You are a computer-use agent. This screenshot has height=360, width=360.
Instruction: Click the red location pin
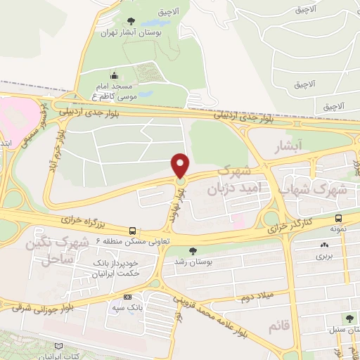pos(181,165)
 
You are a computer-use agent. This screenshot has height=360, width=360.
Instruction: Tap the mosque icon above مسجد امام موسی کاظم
pos(114,76)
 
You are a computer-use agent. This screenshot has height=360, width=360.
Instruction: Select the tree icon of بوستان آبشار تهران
pos(130,22)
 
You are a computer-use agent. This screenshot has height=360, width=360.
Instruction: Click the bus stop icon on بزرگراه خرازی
pos(132,230)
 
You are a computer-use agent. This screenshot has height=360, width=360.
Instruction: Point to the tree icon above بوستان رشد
pos(193,250)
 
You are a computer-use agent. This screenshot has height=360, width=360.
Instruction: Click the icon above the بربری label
pos(323,245)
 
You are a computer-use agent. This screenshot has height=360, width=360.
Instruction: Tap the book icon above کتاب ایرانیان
pos(58,345)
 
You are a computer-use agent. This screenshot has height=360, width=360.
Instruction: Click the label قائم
pos(278,326)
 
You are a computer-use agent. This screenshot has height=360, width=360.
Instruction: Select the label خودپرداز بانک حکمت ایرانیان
pos(105,266)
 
